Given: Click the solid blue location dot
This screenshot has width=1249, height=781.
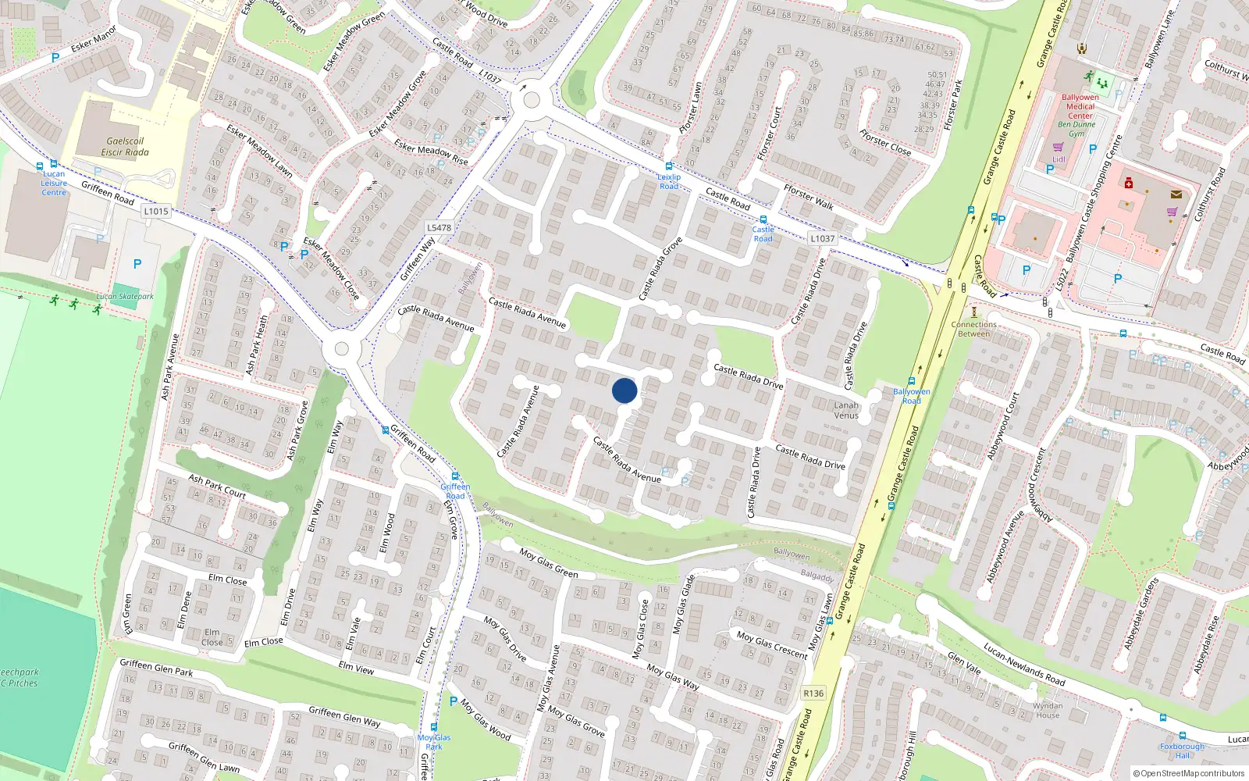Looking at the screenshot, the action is coord(624,390).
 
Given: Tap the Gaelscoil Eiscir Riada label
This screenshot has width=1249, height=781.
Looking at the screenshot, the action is coord(125,147).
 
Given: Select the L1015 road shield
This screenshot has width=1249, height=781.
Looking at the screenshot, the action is coord(156,211).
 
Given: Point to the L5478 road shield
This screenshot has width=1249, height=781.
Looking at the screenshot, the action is coord(439,228).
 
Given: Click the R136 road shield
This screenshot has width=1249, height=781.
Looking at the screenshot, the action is coord(813,694).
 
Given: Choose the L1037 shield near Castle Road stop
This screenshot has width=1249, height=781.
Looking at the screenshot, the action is coord(822,239).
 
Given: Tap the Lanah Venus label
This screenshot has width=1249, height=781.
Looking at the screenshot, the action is coord(846,410).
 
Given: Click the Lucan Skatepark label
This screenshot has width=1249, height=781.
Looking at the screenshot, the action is coord(125,297).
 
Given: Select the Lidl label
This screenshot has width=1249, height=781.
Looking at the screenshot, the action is coord(1059,159).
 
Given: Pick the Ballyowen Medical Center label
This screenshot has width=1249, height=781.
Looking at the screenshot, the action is coord(1080,107).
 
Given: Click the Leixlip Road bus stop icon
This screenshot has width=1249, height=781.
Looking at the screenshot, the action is coord(669,166).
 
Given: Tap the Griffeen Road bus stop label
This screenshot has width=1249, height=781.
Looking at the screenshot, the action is coord(455,491).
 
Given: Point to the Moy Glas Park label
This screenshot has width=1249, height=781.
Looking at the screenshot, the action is coord(434,742).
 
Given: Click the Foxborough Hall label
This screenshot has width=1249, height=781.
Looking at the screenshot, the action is coord(1183,751).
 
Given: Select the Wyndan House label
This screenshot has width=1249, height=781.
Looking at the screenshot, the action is coord(1048,710).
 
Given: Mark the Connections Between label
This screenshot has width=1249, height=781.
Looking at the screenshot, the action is coord(974,329).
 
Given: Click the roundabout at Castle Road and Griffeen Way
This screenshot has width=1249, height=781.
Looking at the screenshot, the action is coord(532,100).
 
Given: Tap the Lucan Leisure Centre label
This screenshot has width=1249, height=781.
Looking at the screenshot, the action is coord(54,184).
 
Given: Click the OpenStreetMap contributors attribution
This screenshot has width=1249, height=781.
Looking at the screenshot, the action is coord(1192,774).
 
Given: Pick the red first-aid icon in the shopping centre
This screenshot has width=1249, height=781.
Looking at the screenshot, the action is coord(1128,183).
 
